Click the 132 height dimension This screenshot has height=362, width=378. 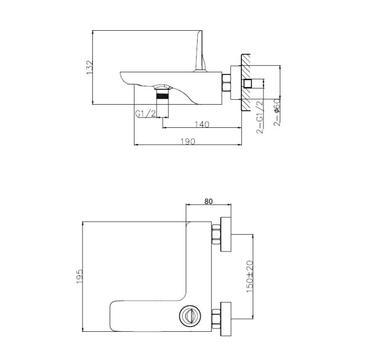(90, 67)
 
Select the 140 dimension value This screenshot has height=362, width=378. (201, 124)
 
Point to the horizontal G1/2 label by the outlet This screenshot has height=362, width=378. (145, 113)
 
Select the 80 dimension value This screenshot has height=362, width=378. (208, 201)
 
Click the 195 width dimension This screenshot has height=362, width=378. (79, 276)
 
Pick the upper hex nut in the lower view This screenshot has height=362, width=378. (217, 234)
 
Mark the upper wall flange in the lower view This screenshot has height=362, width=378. (226, 234)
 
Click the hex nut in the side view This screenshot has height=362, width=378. (226, 84)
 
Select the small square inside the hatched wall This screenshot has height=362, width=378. (248, 84)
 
